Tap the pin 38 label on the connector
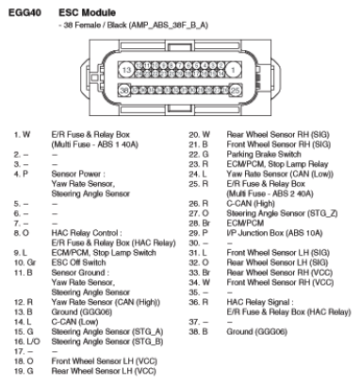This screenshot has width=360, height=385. click(x=124, y=90)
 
